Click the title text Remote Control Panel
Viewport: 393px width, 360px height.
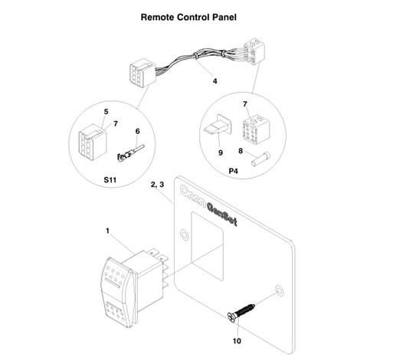[195, 15]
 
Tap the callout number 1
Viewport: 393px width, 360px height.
[107, 229]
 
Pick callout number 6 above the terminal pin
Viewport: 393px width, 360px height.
[137, 132]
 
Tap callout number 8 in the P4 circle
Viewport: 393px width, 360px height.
[241, 152]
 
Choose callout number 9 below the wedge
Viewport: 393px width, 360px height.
[220, 152]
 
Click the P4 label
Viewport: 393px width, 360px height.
[234, 172]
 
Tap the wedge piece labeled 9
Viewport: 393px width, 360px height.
[218, 129]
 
